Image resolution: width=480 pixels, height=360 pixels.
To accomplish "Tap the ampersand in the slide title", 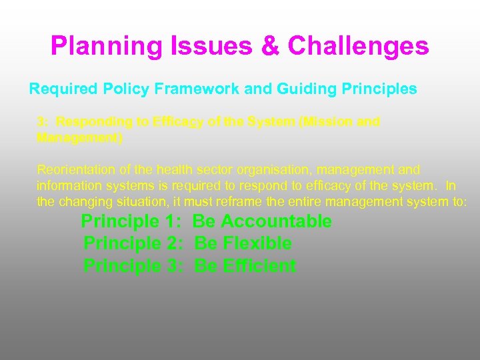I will pyautogui.click(x=270, y=47).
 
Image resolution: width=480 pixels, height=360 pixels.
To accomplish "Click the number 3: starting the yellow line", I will pyautogui.click(x=43, y=122).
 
